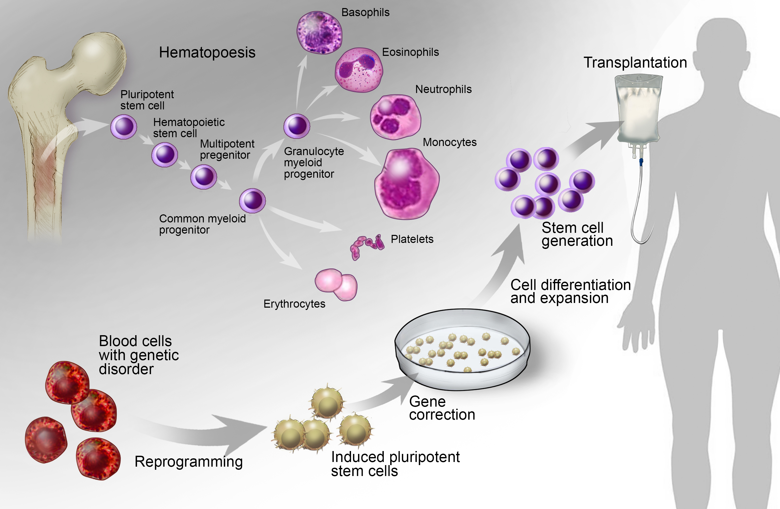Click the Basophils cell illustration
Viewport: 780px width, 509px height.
[x=319, y=32]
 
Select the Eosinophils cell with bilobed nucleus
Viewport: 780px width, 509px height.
[x=359, y=70]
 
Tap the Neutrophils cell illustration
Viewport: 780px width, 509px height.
[x=395, y=117]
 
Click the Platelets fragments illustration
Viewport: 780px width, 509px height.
[x=366, y=246]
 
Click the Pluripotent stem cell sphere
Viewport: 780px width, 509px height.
[x=123, y=127]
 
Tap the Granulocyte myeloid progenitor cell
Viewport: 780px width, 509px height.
[x=297, y=126]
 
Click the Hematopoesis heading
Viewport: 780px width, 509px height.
[x=207, y=52]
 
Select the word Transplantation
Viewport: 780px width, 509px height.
[x=635, y=63]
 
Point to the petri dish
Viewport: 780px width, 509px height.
[x=462, y=349]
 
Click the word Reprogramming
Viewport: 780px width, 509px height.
[x=188, y=461]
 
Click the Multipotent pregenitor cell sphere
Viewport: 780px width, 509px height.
[x=204, y=177]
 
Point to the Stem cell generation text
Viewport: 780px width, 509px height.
[x=577, y=234]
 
